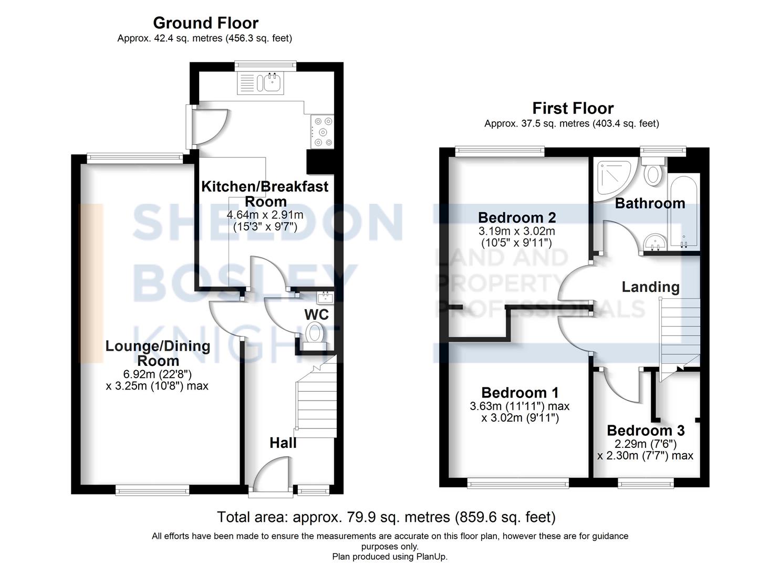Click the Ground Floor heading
pos(205,23)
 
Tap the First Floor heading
pos(573,108)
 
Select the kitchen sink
pos(272,83)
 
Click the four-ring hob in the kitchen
pos(322,131)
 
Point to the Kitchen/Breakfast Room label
pos(265,194)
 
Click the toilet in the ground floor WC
pos(315,334)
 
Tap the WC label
pos(316,314)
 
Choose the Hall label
pos(283,443)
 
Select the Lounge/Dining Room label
pos(158,353)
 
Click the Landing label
pos(650,287)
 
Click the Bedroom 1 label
pos(519,393)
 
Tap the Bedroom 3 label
pos(646,430)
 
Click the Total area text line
pos(386,517)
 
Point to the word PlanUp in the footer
pos(431,556)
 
